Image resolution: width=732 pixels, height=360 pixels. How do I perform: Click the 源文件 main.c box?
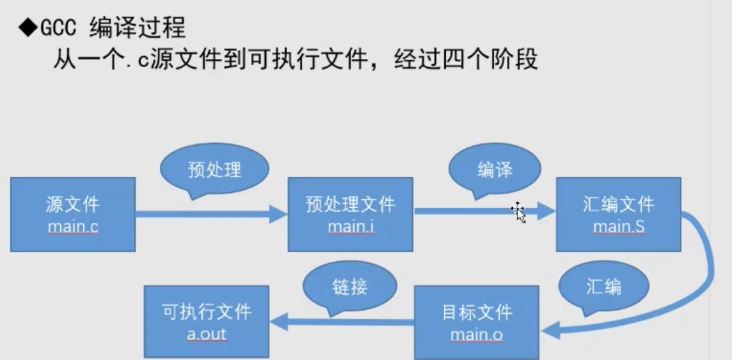point(72,214)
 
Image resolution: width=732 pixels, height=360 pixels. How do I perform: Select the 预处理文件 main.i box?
point(350,214)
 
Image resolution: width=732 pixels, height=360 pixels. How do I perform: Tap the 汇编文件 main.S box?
point(618,214)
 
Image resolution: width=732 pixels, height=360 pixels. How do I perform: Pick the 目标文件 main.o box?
point(477,322)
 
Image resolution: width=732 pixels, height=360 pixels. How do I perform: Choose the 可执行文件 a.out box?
point(206,322)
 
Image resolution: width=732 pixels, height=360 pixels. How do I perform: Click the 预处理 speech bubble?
point(214,169)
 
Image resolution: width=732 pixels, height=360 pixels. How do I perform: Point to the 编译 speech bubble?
point(495,169)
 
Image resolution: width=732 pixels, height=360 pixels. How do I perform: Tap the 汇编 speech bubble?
point(603,287)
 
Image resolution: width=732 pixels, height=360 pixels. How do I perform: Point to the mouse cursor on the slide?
point(518,212)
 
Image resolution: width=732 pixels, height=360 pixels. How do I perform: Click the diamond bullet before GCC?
point(28,29)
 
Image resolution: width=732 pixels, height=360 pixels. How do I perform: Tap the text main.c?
point(72,226)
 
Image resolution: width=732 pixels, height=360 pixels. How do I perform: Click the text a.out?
point(206,334)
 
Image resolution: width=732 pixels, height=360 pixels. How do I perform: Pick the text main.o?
point(477,334)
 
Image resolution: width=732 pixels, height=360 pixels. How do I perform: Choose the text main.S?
point(618,226)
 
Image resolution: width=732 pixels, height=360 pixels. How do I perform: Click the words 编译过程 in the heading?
point(138,29)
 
